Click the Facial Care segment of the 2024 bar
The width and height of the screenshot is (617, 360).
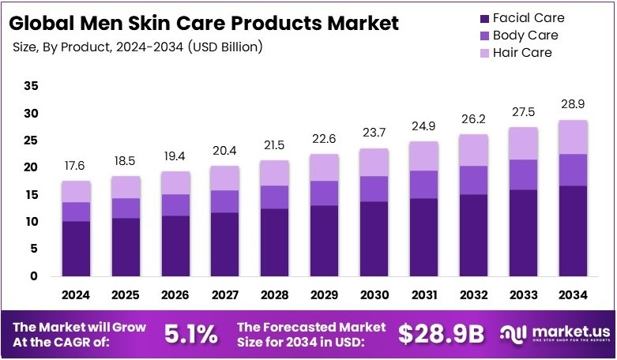coord(77,248)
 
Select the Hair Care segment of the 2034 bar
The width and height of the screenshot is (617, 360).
coord(573,137)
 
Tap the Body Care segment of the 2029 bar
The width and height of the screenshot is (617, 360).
coord(325,193)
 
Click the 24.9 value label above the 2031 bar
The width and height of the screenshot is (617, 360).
coord(424,126)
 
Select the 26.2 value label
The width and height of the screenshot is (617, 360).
coord(474,119)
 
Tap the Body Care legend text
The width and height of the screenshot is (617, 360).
coord(525,35)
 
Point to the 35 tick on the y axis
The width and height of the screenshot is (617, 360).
coord(31,85)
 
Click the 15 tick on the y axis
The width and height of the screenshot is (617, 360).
coord(31,194)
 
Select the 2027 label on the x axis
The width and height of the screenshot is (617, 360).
coord(225,294)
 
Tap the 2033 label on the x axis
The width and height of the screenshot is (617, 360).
coord(523,294)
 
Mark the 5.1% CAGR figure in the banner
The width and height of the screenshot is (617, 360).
coord(190,334)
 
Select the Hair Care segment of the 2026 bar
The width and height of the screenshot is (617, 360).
coord(175,182)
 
